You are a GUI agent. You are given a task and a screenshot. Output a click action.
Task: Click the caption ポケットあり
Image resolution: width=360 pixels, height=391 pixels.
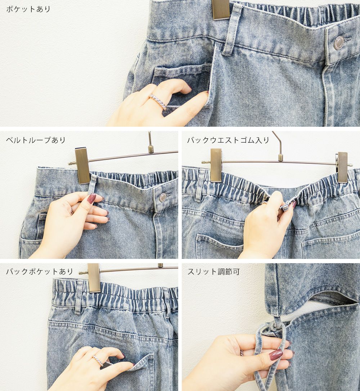point(28,9)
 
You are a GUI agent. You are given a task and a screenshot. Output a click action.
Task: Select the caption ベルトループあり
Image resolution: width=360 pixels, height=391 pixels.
point(36,140)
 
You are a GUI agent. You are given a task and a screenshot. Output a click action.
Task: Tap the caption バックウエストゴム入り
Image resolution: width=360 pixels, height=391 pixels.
point(228,140)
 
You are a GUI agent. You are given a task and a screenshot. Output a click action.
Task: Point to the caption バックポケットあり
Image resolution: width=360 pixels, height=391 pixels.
point(39,271)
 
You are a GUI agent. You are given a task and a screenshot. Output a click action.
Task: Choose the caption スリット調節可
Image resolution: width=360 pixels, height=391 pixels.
point(213,271)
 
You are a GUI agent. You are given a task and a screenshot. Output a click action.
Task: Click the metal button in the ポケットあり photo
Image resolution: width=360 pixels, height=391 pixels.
point(339,42)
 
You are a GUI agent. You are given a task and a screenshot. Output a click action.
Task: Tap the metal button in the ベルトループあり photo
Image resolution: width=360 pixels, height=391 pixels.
point(163,197)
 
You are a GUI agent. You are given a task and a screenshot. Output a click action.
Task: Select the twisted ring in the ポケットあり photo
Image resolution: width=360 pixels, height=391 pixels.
point(158,102)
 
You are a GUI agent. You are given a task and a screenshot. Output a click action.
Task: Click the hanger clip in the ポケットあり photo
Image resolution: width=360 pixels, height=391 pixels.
point(221,9)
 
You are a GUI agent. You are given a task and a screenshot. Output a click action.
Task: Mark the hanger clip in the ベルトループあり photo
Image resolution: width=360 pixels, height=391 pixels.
point(82,165)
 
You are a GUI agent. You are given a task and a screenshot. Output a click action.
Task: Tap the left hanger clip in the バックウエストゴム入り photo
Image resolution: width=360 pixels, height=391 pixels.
point(216,165)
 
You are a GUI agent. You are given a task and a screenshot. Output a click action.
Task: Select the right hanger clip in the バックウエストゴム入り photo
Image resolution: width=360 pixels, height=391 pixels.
point(343,167)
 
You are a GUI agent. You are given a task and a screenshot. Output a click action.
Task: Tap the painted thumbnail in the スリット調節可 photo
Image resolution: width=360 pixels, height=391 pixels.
point(276,355)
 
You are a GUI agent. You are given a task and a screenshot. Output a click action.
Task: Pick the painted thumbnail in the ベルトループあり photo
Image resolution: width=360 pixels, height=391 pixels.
point(91,198)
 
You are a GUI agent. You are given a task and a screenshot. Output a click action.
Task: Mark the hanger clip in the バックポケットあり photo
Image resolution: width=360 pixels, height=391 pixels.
point(94,278)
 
